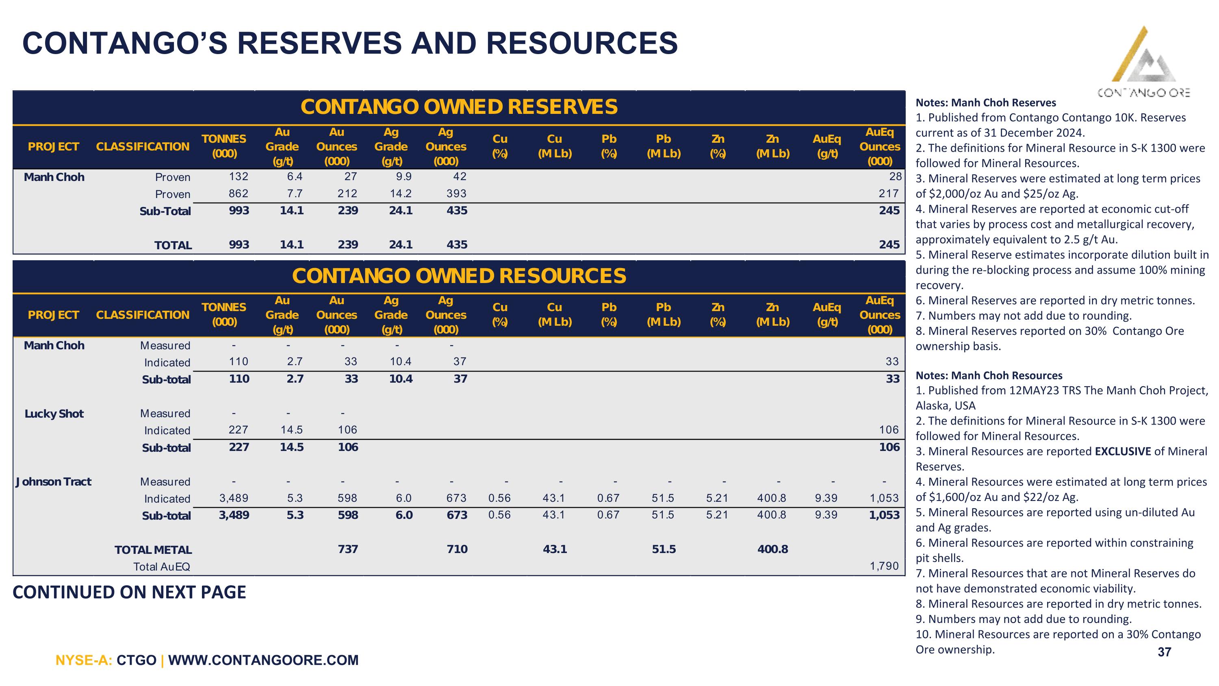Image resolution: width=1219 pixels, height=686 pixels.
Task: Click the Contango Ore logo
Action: (1143, 61)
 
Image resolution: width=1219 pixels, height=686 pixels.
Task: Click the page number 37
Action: (1164, 652)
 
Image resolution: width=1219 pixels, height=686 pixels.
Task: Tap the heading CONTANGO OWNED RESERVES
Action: (459, 107)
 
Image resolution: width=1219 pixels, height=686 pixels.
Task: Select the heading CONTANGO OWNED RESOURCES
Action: (459, 276)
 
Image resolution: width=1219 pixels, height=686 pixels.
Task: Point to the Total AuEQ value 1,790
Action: (884, 566)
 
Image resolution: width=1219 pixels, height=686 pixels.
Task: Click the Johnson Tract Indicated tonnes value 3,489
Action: (234, 498)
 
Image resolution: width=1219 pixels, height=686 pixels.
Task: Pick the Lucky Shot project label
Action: (54, 414)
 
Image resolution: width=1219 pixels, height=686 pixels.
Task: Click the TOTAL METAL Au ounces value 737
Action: (348, 549)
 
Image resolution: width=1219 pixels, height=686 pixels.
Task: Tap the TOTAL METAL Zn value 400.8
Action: (773, 549)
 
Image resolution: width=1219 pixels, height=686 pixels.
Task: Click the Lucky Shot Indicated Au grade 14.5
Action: (291, 430)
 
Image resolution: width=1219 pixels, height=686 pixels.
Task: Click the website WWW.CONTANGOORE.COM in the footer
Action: (264, 660)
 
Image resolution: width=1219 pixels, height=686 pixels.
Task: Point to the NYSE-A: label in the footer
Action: (84, 660)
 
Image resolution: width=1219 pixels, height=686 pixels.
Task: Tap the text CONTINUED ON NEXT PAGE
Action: (129, 592)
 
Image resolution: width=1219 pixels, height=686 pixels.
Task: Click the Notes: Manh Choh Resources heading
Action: (989, 375)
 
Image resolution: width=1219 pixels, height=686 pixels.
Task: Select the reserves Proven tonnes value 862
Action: (239, 194)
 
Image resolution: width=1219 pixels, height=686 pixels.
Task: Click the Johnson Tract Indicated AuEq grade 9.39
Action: (826, 498)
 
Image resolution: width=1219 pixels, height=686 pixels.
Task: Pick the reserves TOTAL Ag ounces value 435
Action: (457, 245)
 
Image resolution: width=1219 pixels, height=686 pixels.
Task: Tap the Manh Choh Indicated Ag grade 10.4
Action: (400, 362)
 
